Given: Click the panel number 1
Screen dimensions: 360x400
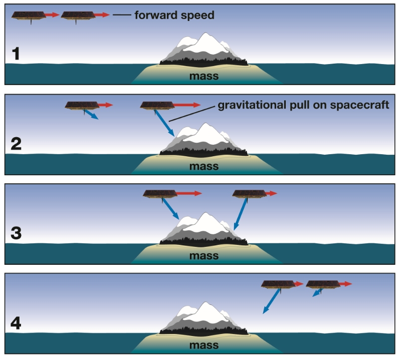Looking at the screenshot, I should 17,53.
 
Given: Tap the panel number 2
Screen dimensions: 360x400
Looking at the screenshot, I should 17,144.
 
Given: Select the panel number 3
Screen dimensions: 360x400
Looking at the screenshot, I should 17,233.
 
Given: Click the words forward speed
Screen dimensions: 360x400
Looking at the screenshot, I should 174,15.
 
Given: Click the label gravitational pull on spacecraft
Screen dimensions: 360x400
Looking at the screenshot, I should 303,106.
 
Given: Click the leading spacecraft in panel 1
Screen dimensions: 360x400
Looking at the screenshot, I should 77,16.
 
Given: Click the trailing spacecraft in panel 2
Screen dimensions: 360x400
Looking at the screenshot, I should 81,105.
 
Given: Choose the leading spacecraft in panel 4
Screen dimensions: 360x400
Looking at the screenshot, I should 322,284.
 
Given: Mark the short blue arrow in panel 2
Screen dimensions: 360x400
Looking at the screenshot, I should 91,115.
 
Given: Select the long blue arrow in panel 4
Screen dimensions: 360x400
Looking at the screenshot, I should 272,301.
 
